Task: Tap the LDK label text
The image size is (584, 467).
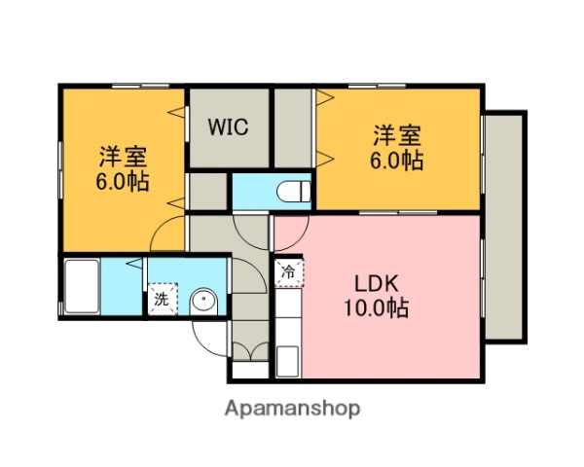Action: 374,285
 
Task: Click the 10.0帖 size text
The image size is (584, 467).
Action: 374,309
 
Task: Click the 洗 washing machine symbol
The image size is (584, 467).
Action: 162,300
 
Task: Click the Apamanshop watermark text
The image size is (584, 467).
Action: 292,409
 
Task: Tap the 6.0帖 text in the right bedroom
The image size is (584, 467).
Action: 397,161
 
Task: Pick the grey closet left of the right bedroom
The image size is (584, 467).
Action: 292,126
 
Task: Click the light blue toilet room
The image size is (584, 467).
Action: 271,191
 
